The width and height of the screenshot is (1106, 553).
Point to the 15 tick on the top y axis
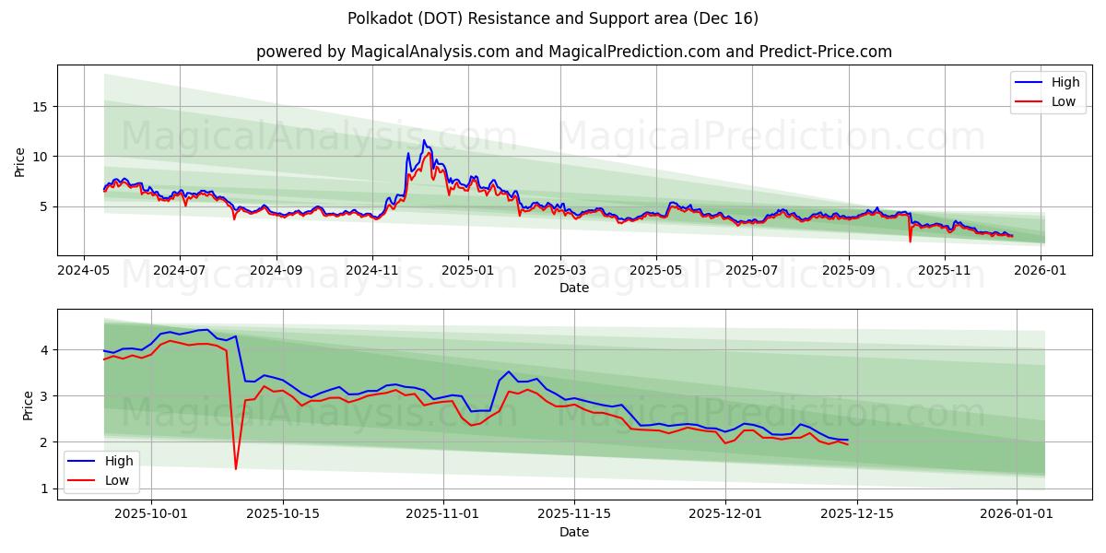(39, 107)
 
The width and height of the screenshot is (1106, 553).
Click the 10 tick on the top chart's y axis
(39, 157)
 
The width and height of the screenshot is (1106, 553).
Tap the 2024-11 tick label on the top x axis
(372, 271)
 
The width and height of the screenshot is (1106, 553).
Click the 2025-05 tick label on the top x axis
(656, 271)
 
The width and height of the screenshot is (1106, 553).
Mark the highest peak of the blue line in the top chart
(424, 140)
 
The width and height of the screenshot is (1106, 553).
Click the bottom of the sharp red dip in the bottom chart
(235, 469)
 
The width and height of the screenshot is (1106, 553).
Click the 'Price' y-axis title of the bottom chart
(28, 405)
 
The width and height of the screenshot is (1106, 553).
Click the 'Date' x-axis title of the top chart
(573, 288)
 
